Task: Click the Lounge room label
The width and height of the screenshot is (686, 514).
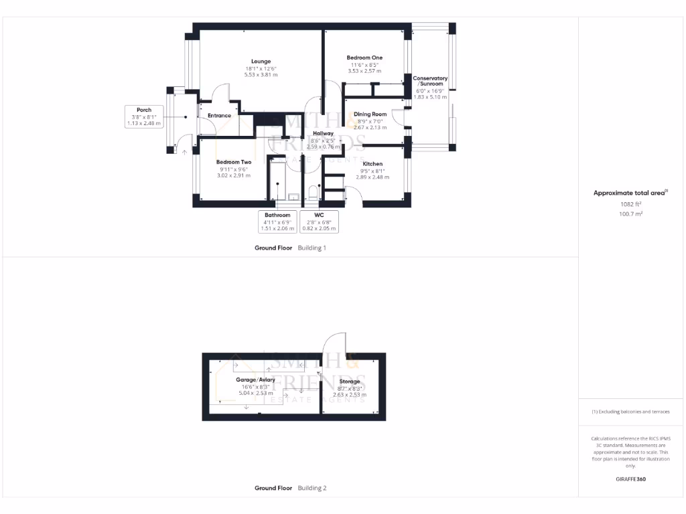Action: point(261,62)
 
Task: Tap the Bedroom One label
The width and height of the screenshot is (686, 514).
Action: point(364,58)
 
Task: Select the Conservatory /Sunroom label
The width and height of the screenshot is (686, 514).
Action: point(429,81)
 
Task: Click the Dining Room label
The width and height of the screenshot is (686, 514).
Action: point(370,114)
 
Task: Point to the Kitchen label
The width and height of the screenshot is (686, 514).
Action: point(372,164)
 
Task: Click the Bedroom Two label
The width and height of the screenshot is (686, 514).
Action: point(234,162)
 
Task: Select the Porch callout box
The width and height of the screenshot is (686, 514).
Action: point(144,116)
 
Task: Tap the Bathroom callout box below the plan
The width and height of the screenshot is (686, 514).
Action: point(277,222)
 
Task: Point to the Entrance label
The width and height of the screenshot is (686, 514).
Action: point(219,116)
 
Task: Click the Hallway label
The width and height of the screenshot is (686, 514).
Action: point(323,134)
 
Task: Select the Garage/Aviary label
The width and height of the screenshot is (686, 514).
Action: point(255,379)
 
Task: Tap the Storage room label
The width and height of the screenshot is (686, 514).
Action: point(350,381)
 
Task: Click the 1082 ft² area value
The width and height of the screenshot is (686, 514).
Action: point(630,204)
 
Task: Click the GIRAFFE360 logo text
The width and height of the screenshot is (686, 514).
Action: point(630,479)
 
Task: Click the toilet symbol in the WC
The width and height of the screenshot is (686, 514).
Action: point(312,193)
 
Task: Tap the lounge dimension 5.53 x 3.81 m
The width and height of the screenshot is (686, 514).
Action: point(261,75)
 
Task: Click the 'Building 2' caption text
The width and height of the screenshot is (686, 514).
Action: point(312,488)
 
